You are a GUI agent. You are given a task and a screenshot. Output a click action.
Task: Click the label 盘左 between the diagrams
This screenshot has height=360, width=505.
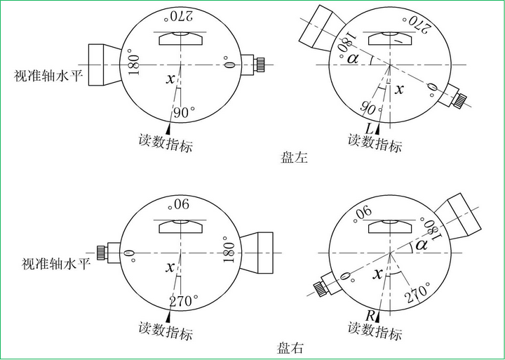click(x=294, y=158)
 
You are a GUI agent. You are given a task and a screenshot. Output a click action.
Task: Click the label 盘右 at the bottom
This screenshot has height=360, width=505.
click(x=290, y=347)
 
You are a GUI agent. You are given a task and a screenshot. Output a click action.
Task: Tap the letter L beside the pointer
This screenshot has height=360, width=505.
click(x=370, y=129)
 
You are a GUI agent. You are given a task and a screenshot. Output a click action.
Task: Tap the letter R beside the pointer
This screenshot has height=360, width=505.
click(x=370, y=316)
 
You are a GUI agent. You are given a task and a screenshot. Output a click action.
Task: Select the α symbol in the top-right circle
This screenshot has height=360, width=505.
click(x=353, y=59)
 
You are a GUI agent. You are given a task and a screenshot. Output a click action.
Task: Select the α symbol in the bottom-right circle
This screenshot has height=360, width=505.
click(x=422, y=246)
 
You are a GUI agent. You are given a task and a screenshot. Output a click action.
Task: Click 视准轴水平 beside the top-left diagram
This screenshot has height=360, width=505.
click(x=48, y=76)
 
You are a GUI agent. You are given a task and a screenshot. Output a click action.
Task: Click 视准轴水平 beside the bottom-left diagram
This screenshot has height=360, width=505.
click(x=56, y=264)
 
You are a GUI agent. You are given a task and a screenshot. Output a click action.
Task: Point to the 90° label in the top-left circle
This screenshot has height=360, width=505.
click(x=184, y=112)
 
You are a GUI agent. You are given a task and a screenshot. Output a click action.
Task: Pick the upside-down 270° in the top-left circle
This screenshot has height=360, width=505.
click(x=178, y=16)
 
